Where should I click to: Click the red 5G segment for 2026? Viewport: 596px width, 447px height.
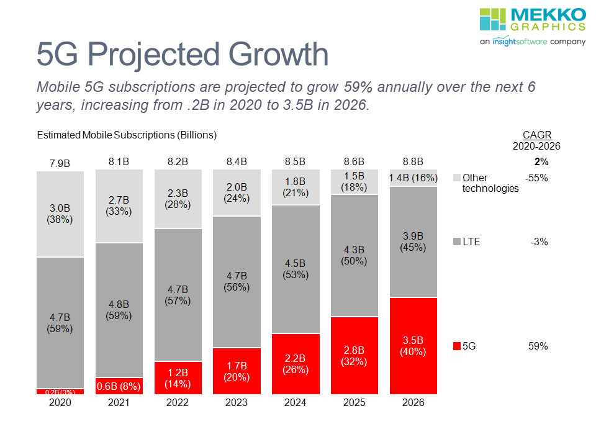click(x=413, y=346)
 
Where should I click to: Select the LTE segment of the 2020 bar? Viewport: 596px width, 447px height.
click(x=60, y=322)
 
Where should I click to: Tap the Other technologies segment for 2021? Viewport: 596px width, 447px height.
click(x=119, y=205)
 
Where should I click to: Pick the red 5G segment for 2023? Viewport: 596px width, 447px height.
click(x=237, y=371)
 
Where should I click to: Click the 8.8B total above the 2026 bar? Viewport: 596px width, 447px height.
click(x=413, y=162)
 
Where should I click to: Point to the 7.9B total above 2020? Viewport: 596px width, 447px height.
click(x=60, y=163)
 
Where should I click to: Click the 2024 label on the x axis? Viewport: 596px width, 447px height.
click(x=296, y=402)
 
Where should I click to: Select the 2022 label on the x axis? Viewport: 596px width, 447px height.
click(x=178, y=402)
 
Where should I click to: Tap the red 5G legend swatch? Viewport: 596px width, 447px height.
click(x=457, y=346)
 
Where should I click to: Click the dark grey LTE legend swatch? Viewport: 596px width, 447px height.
click(x=457, y=242)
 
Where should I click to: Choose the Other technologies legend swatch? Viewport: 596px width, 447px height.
click(x=457, y=178)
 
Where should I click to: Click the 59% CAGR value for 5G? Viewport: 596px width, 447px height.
click(x=538, y=346)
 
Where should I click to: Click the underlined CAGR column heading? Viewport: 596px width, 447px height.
click(x=537, y=135)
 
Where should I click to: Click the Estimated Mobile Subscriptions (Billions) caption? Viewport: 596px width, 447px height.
click(x=127, y=135)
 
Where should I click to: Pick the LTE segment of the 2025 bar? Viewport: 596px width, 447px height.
click(x=354, y=255)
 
